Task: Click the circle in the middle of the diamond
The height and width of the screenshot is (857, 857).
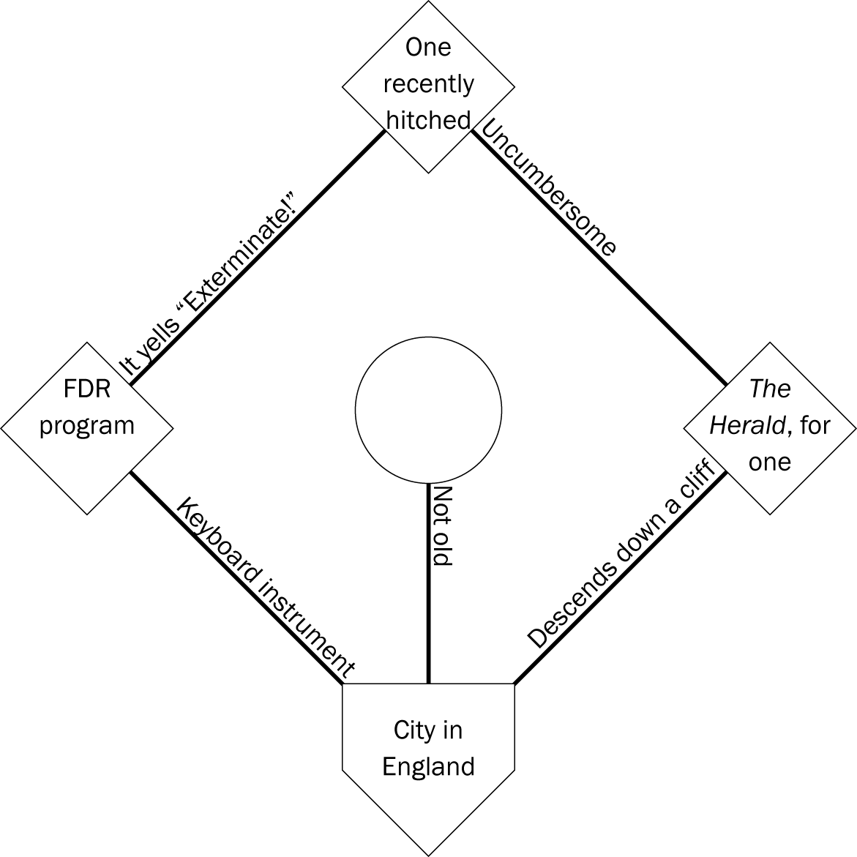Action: (x=428, y=410)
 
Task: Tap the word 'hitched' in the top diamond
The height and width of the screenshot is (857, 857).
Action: (x=428, y=120)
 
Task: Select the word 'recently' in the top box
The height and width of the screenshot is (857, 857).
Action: (x=428, y=84)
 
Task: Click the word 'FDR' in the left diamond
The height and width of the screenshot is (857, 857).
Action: (x=86, y=388)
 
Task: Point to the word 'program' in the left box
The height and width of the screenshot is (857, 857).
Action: (x=86, y=424)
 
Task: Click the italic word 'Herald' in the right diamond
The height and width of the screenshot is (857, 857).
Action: (x=747, y=425)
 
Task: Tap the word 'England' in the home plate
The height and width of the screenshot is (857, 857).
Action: (x=428, y=766)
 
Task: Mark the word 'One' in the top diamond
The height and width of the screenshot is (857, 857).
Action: (x=428, y=48)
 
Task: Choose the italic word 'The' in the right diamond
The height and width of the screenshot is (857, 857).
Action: (x=770, y=389)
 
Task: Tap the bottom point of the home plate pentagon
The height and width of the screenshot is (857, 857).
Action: (x=428, y=853)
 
